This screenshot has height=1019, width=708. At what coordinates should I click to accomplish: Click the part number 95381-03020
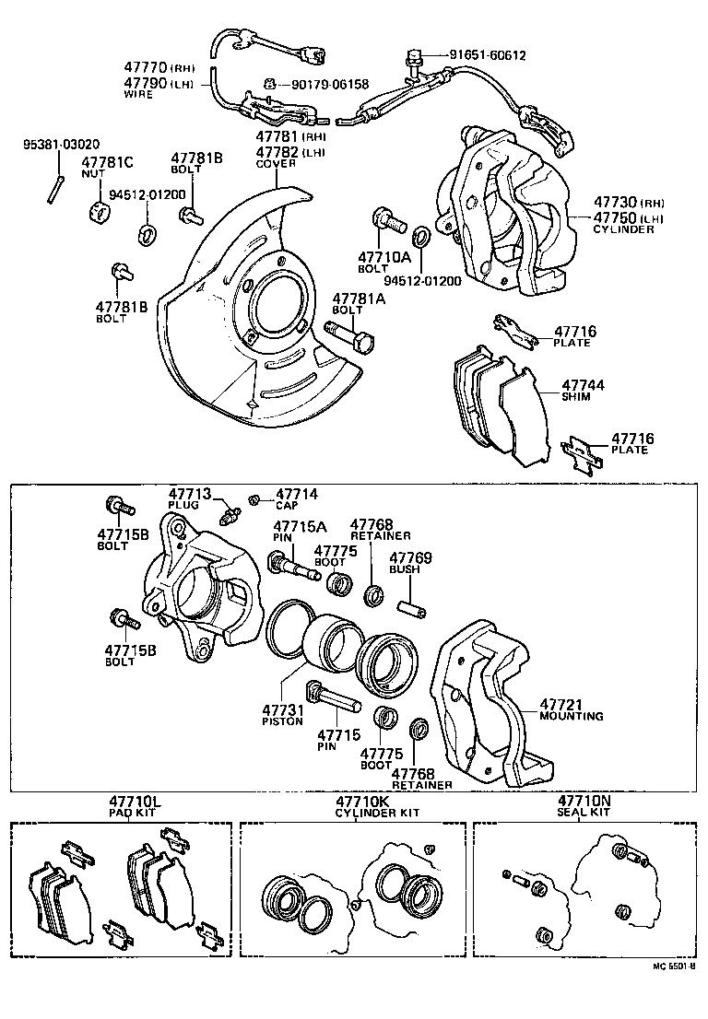pyautogui.click(x=61, y=145)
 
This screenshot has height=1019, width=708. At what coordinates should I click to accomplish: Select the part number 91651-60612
pyautogui.click(x=488, y=55)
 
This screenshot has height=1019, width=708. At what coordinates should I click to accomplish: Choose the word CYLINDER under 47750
pyautogui.click(x=622, y=229)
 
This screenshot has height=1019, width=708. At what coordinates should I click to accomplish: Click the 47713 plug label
pyautogui.click(x=190, y=494)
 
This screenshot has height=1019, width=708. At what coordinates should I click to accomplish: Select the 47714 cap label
pyautogui.click(x=296, y=494)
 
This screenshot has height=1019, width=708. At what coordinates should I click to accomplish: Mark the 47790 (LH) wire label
pyautogui.click(x=153, y=82)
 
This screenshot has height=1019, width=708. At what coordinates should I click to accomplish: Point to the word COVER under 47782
pyautogui.click(x=276, y=163)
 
